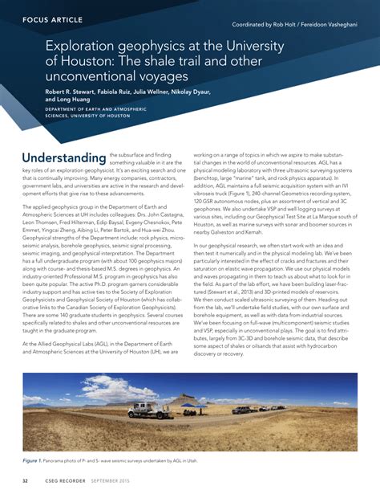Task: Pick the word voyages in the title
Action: pyautogui.click(x=160, y=76)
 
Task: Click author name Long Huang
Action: pyautogui.click(x=71, y=100)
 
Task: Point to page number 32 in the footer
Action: pyautogui.click(x=26, y=482)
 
